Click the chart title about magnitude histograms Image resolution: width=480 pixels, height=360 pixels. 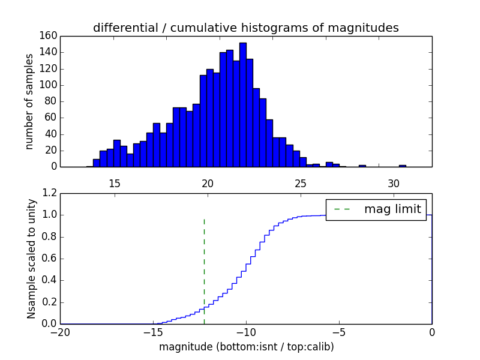click(x=245, y=28)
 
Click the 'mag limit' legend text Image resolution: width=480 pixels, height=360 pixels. click(x=392, y=209)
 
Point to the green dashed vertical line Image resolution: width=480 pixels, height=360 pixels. click(x=204, y=270)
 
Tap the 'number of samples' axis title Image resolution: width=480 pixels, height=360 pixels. click(x=29, y=101)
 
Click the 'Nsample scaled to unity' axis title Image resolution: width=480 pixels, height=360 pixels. click(x=31, y=259)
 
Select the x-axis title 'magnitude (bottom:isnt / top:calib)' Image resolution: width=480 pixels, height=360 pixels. click(x=246, y=347)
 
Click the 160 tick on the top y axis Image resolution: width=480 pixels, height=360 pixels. click(x=49, y=36)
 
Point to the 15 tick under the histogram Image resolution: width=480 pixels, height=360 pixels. click(x=115, y=182)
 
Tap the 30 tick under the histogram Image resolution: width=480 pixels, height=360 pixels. click(x=394, y=182)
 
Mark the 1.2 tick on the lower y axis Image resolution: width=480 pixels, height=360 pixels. click(x=51, y=193)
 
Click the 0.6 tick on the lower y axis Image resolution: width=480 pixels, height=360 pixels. click(x=51, y=259)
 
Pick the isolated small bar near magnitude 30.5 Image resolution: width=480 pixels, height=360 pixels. click(x=402, y=166)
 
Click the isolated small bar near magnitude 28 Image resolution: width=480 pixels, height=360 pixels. click(x=362, y=166)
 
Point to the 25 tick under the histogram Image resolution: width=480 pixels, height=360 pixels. click(x=301, y=182)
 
